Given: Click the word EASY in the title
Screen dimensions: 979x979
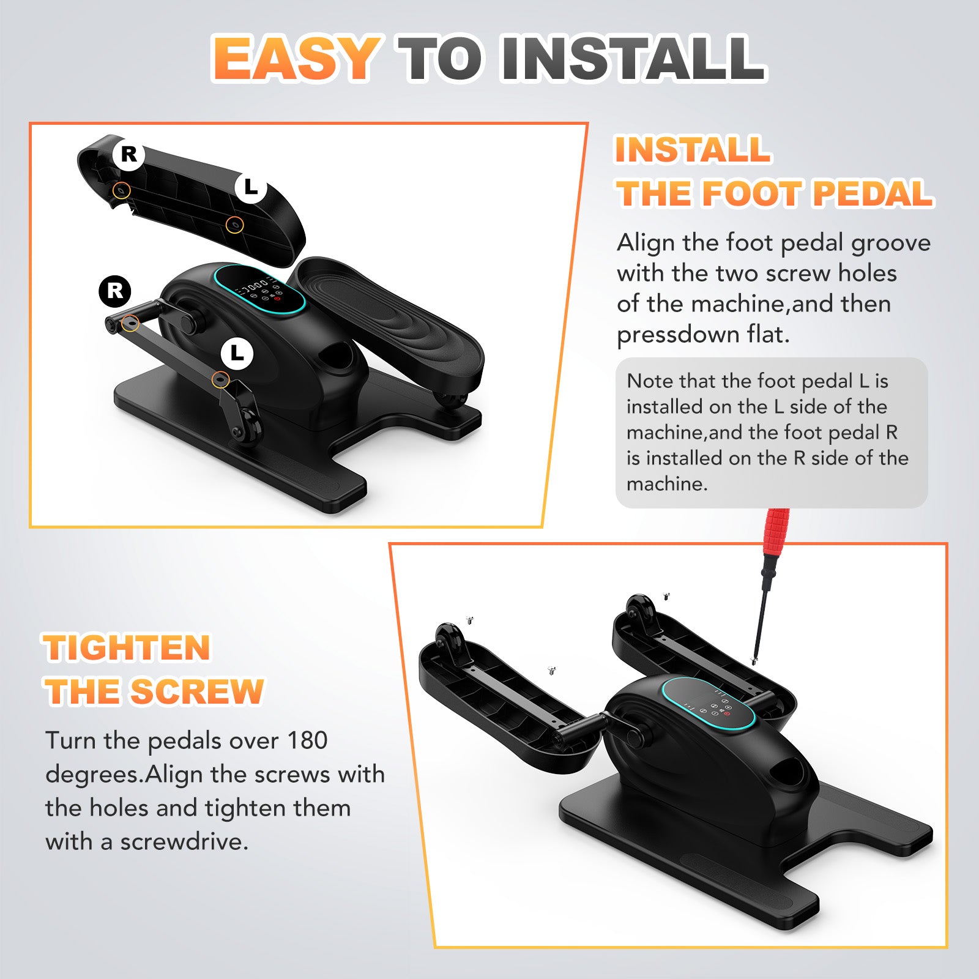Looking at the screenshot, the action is [296, 58].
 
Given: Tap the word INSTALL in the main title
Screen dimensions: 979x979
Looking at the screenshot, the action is [633, 58].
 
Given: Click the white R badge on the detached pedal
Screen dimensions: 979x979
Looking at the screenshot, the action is [128, 154].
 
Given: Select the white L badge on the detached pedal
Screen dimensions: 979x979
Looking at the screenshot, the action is [251, 187].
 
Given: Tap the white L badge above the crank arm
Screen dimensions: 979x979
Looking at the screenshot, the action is [237, 353].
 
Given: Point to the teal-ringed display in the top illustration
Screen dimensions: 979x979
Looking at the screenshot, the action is [259, 289].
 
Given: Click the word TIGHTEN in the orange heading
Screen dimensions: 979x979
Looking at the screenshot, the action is [127, 647].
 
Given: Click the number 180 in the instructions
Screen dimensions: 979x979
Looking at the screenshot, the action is [307, 740].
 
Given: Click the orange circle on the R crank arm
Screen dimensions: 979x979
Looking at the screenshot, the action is [130, 323].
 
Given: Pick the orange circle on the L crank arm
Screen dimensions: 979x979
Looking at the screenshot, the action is [220, 379].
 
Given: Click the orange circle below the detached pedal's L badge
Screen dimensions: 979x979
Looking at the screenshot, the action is [234, 225].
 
